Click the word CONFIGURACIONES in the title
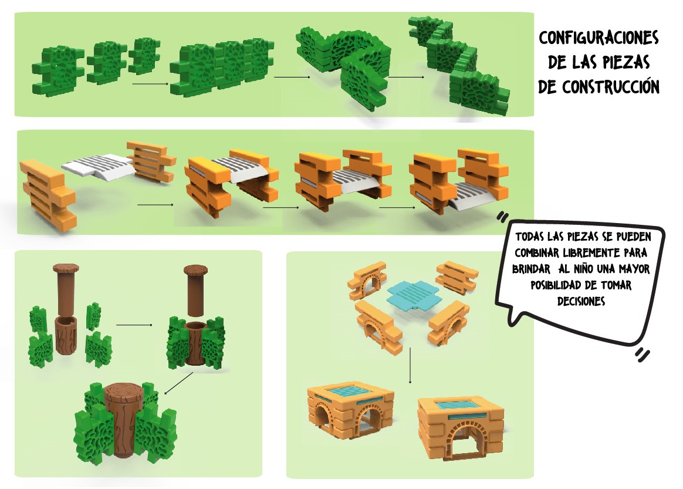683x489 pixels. pyautogui.click(x=599, y=39)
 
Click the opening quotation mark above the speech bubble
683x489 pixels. pyautogui.click(x=502, y=217)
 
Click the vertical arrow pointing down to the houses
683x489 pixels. pyautogui.click(x=410, y=365)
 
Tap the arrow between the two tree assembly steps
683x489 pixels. pyautogui.click(x=134, y=324)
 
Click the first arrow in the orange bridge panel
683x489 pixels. pyautogui.click(x=155, y=205)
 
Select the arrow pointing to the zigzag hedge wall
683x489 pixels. pyautogui.click(x=405, y=76)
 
